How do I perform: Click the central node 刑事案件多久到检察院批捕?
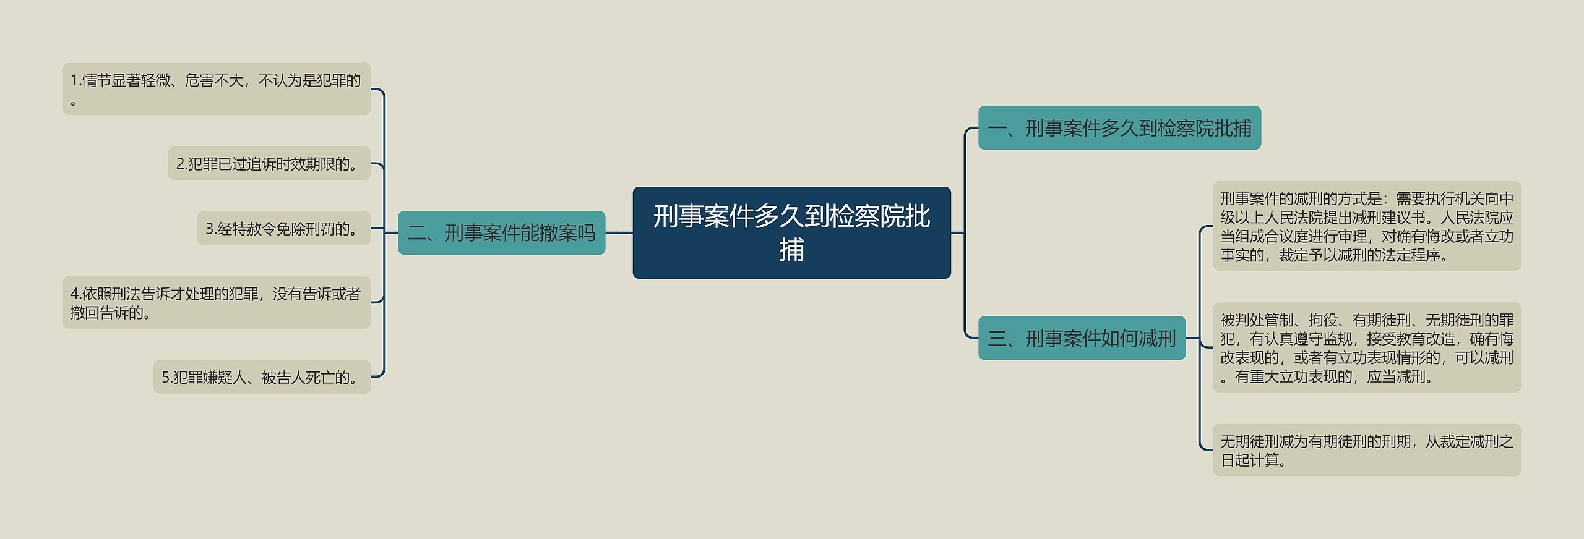(x=791, y=232)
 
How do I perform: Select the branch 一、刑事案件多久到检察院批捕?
(x=1119, y=128)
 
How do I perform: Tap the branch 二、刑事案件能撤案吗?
(x=501, y=233)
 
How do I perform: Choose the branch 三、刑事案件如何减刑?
(x=1081, y=338)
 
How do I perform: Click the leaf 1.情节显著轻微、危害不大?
(x=216, y=89)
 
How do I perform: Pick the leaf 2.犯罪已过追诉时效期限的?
(x=269, y=164)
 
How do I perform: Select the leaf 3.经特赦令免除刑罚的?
(x=283, y=229)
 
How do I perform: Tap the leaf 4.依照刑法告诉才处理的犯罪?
(x=216, y=303)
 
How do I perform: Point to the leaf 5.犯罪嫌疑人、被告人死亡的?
(x=262, y=377)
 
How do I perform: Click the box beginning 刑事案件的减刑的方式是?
(x=1366, y=226)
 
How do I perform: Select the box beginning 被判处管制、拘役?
(x=1366, y=348)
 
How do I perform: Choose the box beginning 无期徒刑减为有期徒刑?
(x=1366, y=450)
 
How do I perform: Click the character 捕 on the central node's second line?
(x=791, y=250)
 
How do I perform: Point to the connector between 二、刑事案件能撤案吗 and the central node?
(x=619, y=233)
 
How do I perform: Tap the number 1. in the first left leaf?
(x=76, y=80)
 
